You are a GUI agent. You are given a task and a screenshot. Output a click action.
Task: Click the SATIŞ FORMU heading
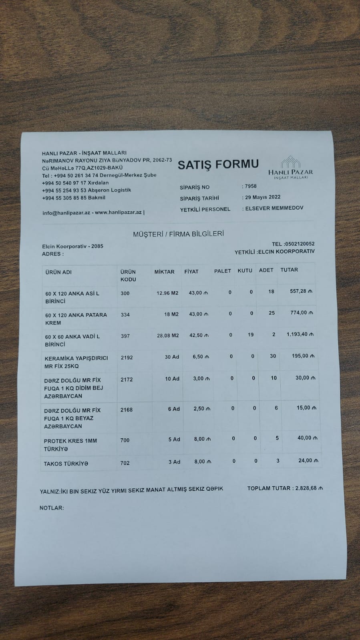point(218,165)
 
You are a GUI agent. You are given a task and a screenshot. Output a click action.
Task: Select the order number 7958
point(251,187)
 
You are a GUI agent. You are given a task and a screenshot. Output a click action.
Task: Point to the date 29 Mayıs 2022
point(263,197)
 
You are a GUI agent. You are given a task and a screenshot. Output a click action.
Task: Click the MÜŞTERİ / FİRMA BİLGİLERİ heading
point(178,234)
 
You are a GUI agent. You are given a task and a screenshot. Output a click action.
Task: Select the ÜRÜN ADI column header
point(58,272)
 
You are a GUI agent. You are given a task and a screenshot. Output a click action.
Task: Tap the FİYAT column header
point(191,272)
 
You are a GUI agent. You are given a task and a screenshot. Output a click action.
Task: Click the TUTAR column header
point(289,270)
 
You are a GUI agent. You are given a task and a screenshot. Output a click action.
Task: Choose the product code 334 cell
point(125,315)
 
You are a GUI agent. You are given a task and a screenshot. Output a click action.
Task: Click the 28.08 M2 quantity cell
point(168,336)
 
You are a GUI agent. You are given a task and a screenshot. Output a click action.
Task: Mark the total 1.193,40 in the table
point(300,334)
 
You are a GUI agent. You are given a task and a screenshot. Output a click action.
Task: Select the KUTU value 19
point(251,335)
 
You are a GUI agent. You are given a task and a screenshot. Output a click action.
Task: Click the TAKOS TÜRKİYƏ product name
point(66,464)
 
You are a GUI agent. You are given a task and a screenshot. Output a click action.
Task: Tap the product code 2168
point(126,410)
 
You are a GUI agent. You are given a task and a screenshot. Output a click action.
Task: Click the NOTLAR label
point(52,508)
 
